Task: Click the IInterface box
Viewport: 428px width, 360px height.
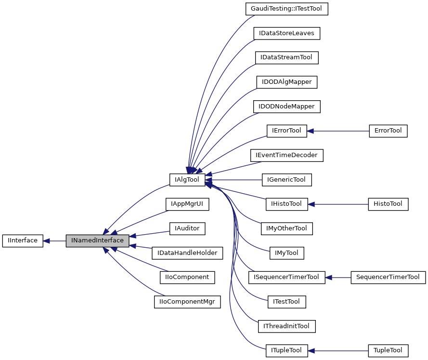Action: coord(23,240)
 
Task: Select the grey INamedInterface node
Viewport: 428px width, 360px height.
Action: coord(97,240)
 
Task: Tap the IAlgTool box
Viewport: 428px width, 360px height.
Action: coord(187,179)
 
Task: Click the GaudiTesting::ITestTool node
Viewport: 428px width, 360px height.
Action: coord(286,9)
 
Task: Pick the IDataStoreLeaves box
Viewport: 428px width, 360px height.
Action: coord(286,33)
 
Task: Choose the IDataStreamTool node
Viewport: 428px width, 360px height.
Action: coord(286,57)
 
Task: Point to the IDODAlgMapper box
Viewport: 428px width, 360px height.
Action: coord(286,82)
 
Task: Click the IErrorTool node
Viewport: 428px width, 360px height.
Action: coord(286,131)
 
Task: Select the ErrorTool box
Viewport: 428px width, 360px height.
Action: coord(388,131)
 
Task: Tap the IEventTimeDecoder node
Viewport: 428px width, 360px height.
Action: coord(286,155)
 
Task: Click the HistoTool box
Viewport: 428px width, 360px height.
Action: coord(388,204)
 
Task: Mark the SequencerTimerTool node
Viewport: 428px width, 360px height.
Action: coord(388,277)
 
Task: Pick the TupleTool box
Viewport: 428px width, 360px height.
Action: coord(388,350)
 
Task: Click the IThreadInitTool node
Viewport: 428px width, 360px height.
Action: coord(286,326)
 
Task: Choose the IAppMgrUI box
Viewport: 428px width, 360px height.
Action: coord(187,204)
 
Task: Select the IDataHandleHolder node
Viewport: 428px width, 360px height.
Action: coord(187,253)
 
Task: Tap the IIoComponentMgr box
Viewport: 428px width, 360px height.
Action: coord(187,302)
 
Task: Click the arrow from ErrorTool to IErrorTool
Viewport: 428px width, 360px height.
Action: coord(337,131)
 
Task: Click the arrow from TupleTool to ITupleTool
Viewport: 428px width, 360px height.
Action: coord(337,350)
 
